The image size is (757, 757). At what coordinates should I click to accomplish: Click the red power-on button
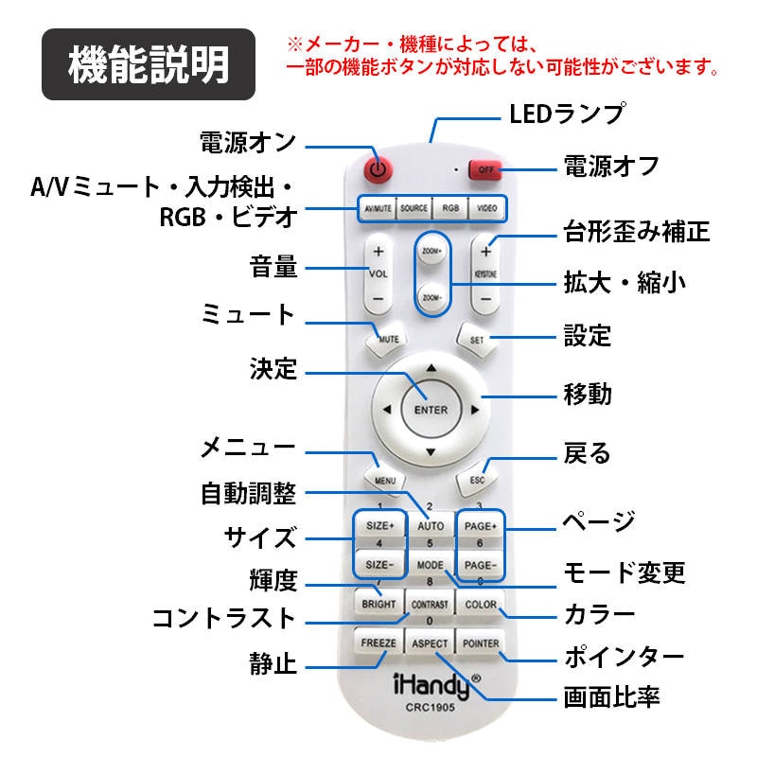click(378, 169)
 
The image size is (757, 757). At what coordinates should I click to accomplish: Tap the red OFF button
click(485, 169)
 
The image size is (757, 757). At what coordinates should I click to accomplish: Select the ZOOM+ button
click(431, 254)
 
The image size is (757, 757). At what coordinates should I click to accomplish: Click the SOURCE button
click(414, 208)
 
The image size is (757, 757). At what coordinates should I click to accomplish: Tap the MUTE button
click(386, 339)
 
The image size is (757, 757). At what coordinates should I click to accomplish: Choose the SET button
click(478, 339)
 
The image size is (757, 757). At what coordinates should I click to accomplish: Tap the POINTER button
click(481, 643)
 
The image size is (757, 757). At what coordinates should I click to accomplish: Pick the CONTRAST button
click(431, 604)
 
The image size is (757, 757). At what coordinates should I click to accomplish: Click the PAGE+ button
click(481, 525)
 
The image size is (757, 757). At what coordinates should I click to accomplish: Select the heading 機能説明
click(149, 64)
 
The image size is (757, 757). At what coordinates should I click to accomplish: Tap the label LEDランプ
click(566, 114)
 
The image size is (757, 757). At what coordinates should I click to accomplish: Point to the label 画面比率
click(611, 698)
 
